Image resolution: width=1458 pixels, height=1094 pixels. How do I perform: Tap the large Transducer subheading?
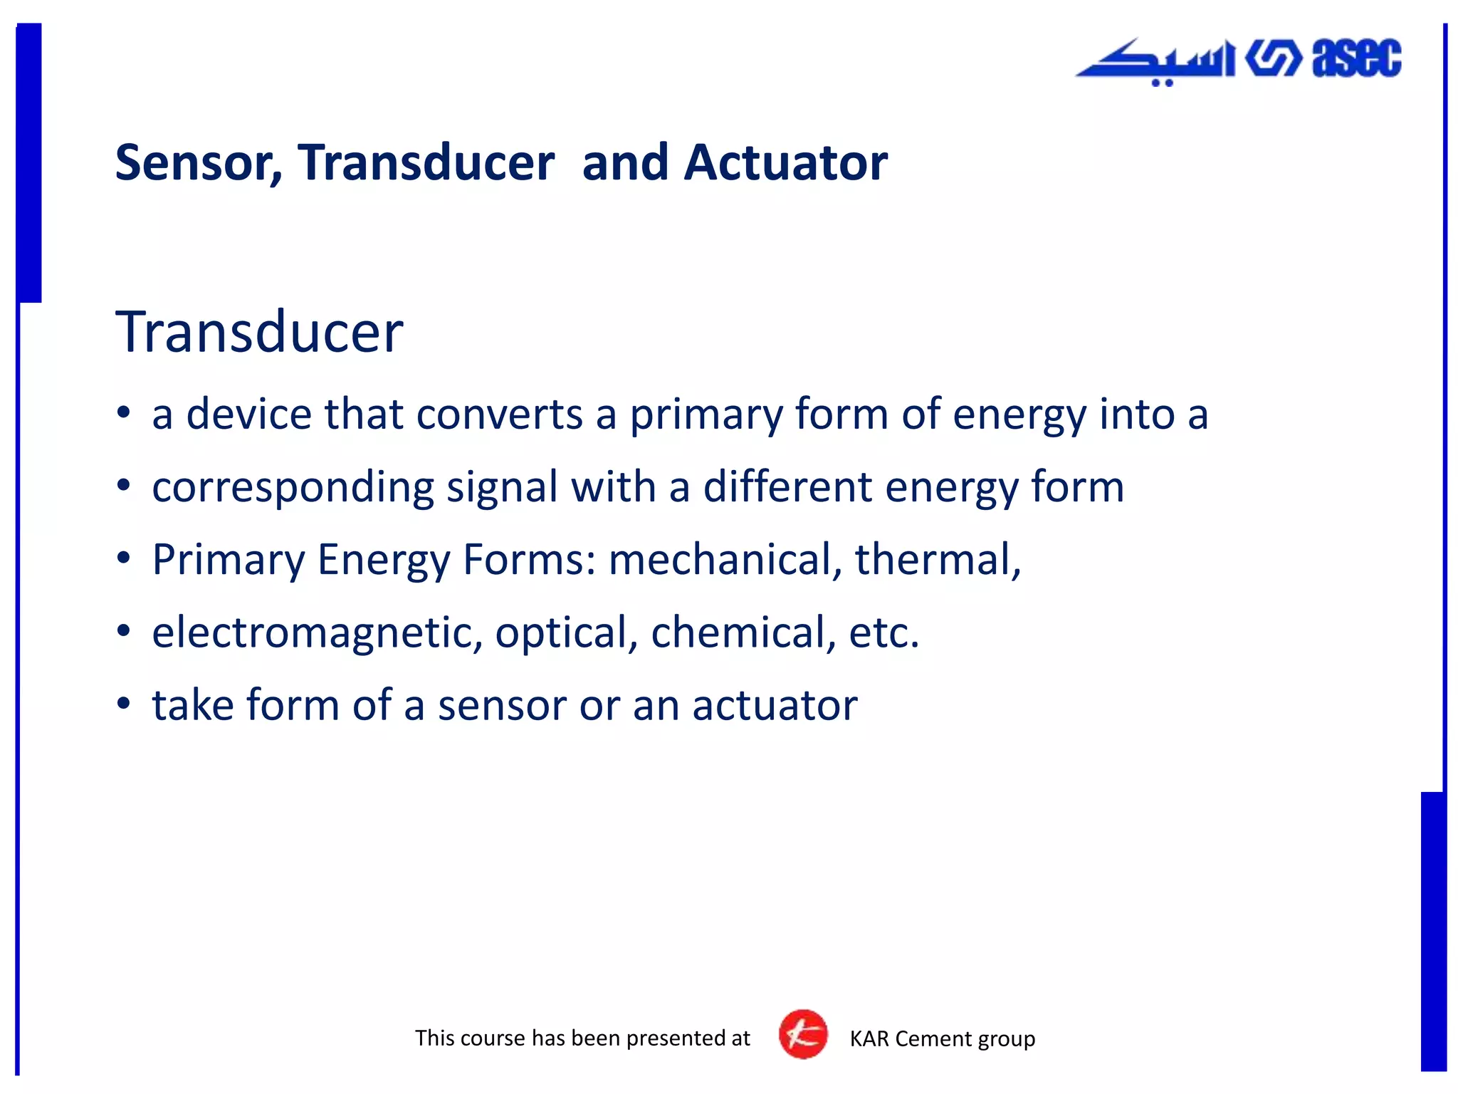[259, 332]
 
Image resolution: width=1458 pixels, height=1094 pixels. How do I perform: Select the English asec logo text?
[1356, 58]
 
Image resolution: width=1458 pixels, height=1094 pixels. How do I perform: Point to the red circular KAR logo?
[803, 1034]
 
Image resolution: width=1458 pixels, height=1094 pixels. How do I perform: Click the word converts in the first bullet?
[499, 415]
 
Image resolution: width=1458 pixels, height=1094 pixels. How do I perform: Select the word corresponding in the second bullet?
[293, 489]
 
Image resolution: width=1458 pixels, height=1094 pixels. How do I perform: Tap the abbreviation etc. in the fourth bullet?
[883, 632]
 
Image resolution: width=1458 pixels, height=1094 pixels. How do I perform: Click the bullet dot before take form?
[124, 704]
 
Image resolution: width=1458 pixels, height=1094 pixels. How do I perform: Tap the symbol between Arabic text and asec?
[1273, 58]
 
